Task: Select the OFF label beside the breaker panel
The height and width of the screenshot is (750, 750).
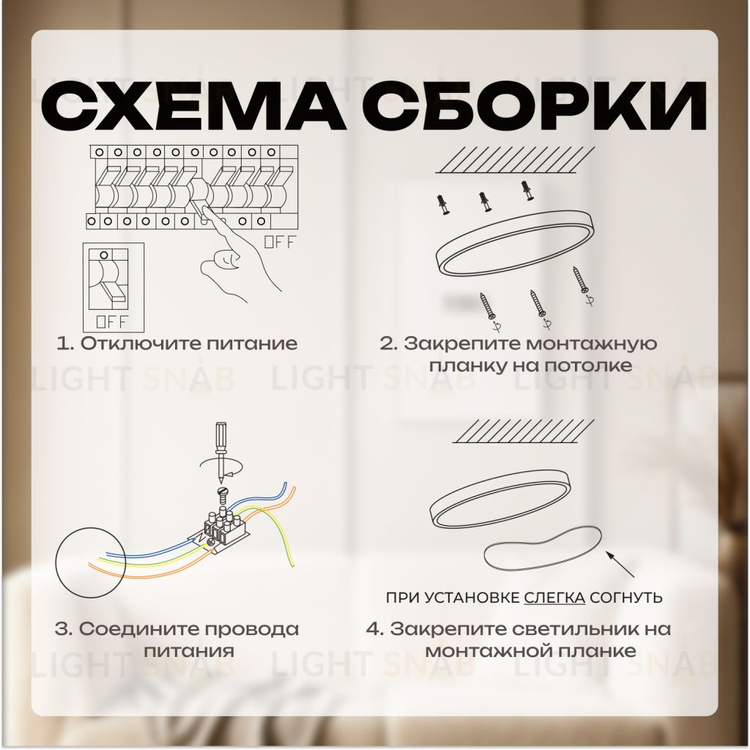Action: pyautogui.click(x=280, y=242)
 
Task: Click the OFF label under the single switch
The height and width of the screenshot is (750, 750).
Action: pyautogui.click(x=112, y=321)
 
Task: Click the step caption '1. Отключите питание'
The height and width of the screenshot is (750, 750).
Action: pyautogui.click(x=177, y=344)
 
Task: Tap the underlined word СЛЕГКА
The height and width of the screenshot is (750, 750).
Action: pyautogui.click(x=554, y=598)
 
